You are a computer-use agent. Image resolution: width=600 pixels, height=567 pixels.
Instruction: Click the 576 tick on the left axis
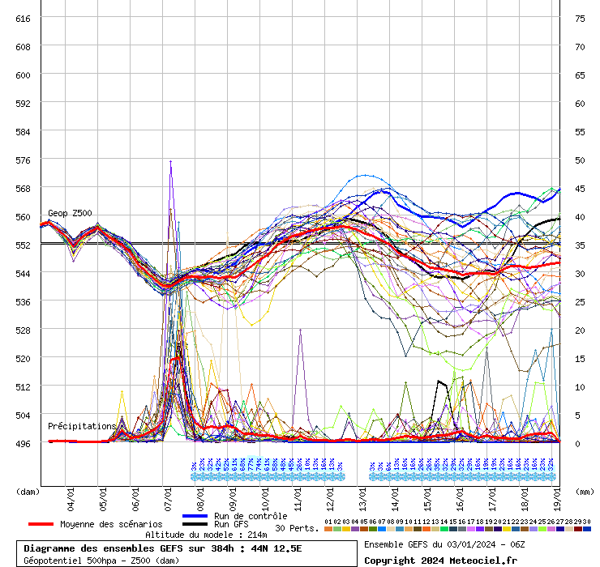click(x=23, y=160)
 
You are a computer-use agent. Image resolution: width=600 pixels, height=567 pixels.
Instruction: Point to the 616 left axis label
click(x=23, y=18)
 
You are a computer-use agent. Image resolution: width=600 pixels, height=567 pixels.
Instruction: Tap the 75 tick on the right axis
click(x=580, y=18)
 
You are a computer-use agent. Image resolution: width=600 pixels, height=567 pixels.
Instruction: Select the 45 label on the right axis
click(x=580, y=188)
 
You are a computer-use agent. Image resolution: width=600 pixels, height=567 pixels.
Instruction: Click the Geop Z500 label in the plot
click(x=70, y=213)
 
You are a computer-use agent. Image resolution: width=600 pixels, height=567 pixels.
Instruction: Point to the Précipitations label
click(x=82, y=426)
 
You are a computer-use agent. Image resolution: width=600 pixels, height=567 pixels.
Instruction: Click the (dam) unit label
click(x=28, y=491)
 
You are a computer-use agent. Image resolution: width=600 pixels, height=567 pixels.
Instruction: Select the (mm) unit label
click(x=584, y=491)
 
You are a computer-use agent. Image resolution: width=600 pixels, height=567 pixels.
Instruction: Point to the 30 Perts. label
click(x=297, y=528)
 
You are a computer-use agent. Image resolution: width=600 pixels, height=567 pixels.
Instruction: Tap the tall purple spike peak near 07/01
click(x=170, y=161)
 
